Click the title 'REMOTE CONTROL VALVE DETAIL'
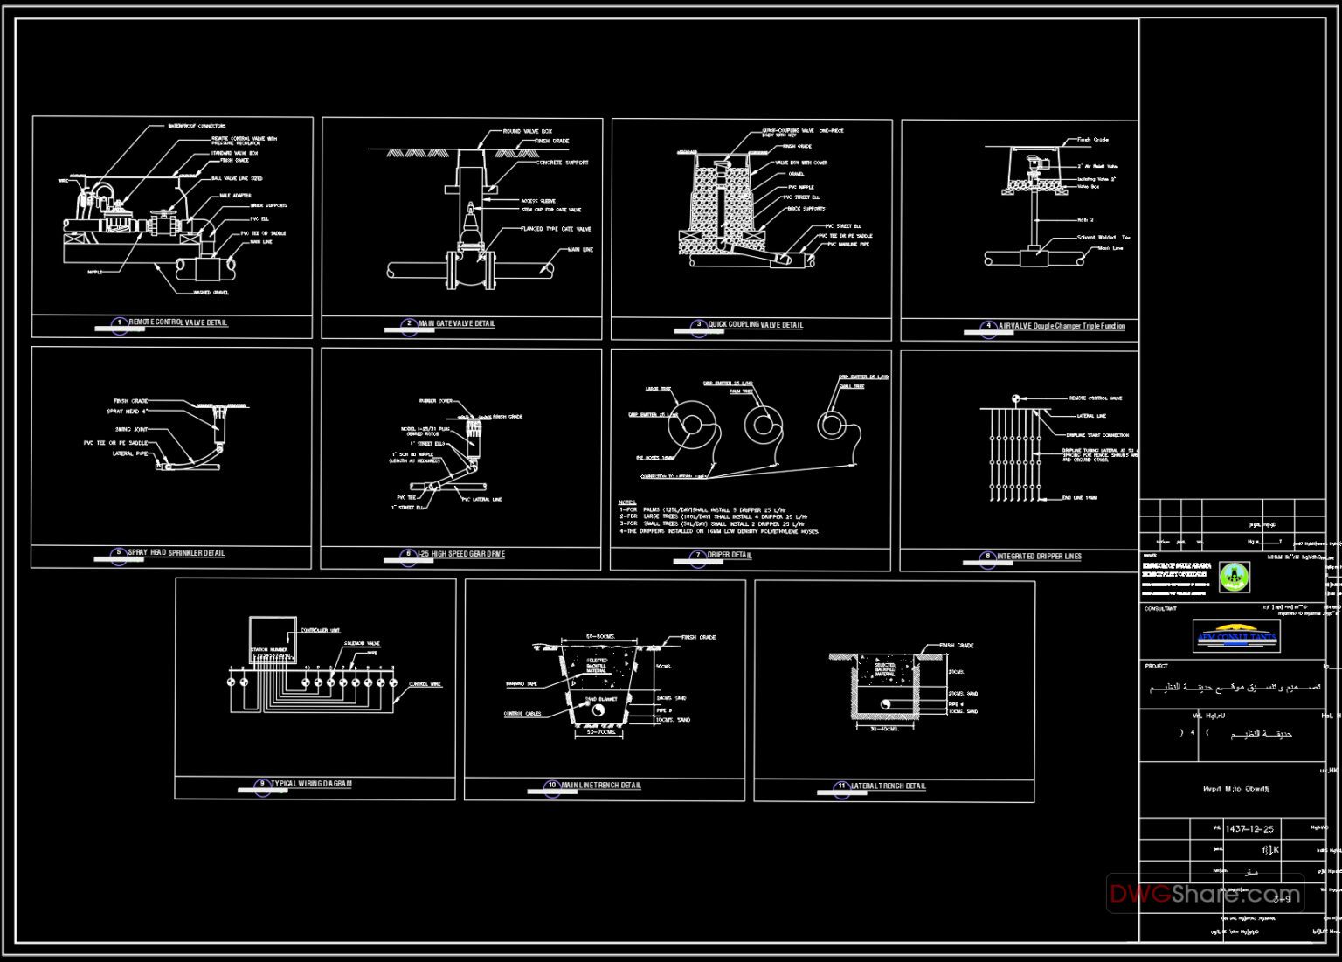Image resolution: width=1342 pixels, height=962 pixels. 178,322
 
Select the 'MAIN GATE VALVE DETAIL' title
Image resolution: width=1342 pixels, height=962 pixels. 456,323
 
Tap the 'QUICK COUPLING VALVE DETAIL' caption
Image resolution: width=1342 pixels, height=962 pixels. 755,325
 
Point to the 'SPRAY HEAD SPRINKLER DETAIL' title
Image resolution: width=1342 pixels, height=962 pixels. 176,553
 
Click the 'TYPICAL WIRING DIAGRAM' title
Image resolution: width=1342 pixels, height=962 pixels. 312,784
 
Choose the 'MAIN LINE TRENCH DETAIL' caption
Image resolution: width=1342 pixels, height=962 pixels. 601,786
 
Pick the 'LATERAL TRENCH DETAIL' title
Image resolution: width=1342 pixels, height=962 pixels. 889,786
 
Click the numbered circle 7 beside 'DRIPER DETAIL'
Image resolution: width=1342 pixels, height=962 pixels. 698,555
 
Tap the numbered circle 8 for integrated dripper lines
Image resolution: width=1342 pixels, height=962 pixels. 987,557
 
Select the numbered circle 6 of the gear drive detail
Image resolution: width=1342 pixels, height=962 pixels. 408,554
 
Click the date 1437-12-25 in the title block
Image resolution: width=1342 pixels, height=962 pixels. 1249,829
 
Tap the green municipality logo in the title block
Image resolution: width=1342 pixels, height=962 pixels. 1234,575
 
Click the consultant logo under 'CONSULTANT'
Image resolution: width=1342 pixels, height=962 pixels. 1235,636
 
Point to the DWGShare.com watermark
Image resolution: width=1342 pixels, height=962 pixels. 1205,894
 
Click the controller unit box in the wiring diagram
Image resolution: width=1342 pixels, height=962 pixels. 273,644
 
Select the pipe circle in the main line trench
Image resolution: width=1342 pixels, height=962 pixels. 599,710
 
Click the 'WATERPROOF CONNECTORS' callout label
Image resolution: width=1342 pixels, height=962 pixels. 197,126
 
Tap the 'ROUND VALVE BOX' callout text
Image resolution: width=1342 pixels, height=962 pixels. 527,132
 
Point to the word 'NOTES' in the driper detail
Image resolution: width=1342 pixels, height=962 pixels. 627,502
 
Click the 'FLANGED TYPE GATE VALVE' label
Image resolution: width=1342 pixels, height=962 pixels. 556,229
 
